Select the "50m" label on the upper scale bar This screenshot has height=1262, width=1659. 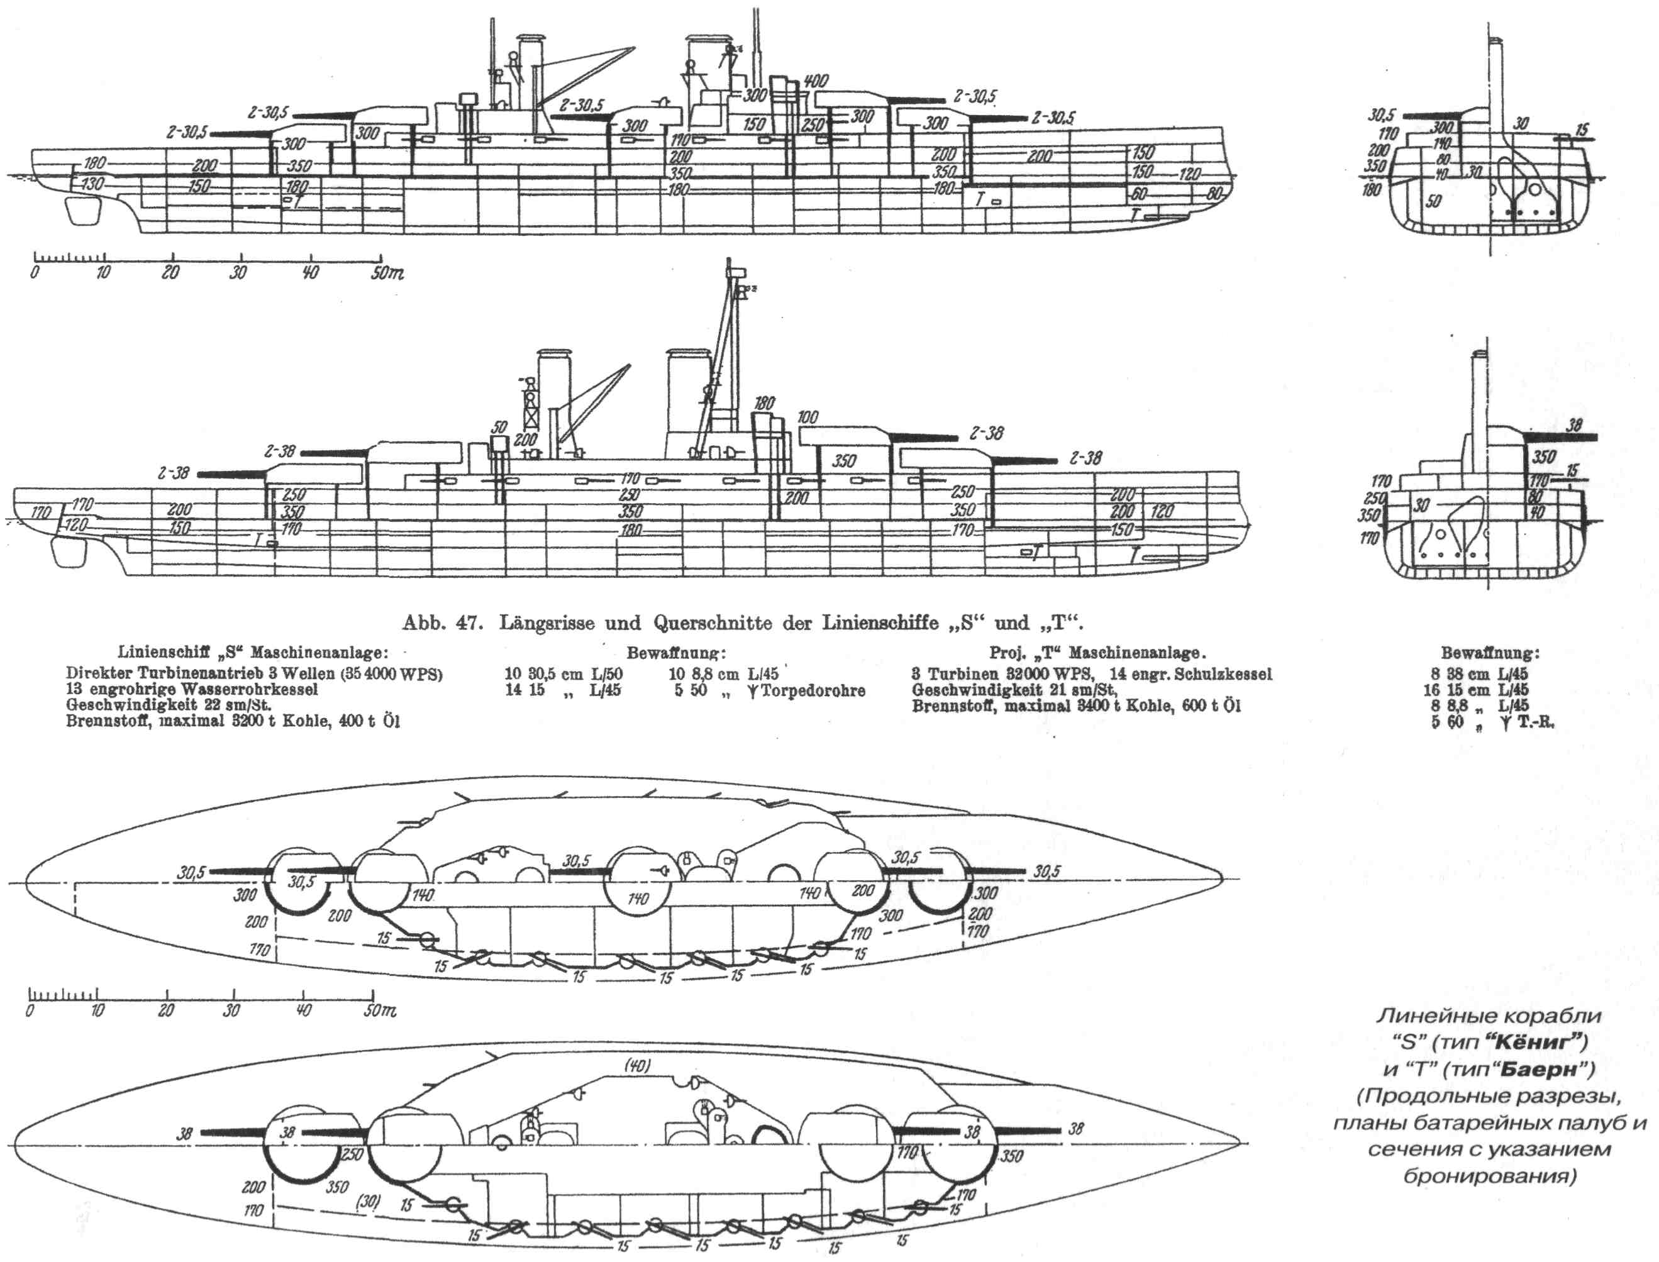click(x=386, y=274)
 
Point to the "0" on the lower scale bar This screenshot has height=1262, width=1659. click(x=30, y=1010)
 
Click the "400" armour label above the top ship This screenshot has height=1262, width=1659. click(x=815, y=81)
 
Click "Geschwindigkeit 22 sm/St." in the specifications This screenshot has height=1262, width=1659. click(x=169, y=706)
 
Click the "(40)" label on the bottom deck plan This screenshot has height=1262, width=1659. click(x=636, y=1066)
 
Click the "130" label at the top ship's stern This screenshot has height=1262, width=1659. click(x=92, y=182)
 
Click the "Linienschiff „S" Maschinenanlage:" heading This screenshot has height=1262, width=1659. click(x=253, y=653)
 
